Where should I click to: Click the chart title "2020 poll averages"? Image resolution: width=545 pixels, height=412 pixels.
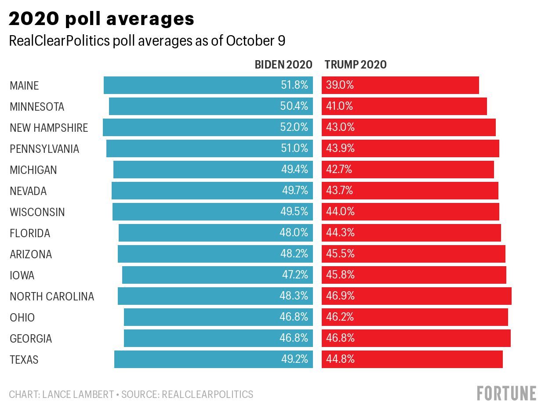tap(102, 19)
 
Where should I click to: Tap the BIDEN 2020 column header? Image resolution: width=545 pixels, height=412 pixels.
tap(283, 65)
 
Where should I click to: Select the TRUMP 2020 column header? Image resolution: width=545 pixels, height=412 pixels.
tap(356, 65)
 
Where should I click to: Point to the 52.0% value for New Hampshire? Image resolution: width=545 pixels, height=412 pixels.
tap(294, 127)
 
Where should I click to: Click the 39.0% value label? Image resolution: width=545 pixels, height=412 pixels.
tap(340, 85)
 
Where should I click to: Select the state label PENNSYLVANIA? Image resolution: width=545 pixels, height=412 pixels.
tap(44, 149)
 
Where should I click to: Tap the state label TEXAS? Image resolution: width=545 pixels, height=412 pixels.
tap(24, 360)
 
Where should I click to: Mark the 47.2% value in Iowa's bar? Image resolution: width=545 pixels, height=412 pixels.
tap(295, 275)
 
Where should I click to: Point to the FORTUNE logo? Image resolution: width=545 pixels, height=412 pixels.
tap(506, 393)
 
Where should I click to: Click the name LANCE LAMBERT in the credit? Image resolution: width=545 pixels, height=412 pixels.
tap(78, 394)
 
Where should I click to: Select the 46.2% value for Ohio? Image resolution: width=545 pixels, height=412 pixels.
tap(340, 317)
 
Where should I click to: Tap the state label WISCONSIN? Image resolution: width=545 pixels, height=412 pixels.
tap(37, 212)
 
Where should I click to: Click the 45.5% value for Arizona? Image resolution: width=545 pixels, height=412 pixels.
tap(340, 254)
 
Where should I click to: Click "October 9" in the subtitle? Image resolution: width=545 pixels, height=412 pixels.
tap(255, 41)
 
